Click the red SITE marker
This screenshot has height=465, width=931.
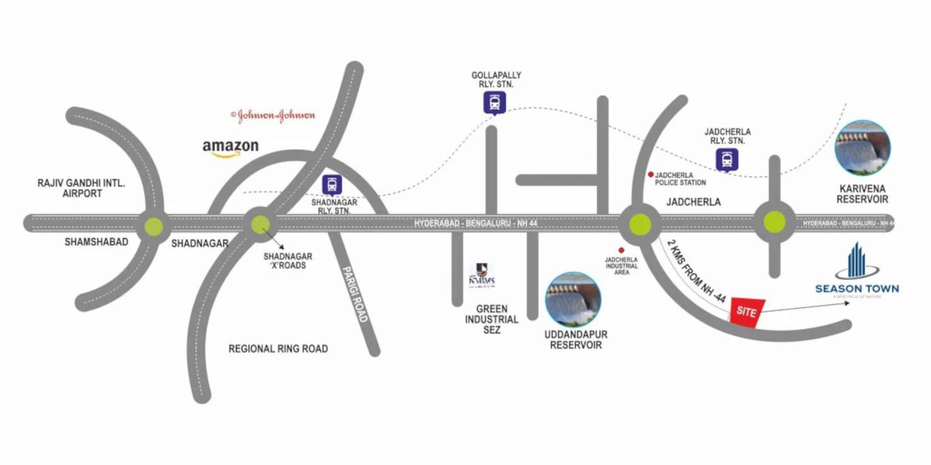(746, 311)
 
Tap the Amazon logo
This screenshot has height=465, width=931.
(230, 148)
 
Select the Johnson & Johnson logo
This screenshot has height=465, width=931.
(272, 116)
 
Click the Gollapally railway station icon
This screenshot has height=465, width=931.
(495, 103)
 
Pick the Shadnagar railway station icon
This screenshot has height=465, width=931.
(332, 184)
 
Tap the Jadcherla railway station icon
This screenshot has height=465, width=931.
(727, 159)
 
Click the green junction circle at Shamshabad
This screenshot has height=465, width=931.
(153, 226)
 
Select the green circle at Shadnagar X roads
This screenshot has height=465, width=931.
(260, 224)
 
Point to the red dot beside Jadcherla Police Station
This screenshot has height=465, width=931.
(650, 175)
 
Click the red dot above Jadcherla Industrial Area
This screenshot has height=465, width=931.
(620, 251)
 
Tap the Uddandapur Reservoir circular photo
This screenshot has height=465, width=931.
(573, 300)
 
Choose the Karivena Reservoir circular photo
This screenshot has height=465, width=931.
(862, 148)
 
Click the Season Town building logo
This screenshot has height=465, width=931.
(856, 261)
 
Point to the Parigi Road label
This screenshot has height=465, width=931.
(355, 293)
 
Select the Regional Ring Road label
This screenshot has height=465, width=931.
(278, 349)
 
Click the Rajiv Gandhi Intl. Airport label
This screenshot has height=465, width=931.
(82, 188)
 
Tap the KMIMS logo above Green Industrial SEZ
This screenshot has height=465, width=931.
(482, 275)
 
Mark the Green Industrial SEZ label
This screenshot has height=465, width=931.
(492, 319)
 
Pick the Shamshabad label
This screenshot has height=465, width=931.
(97, 242)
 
